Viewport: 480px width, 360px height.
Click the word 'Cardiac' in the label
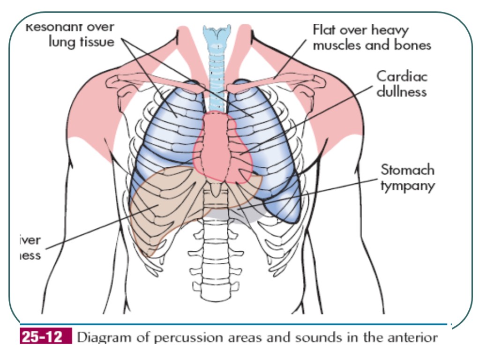tap(402, 76)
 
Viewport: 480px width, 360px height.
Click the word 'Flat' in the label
tap(323, 30)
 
